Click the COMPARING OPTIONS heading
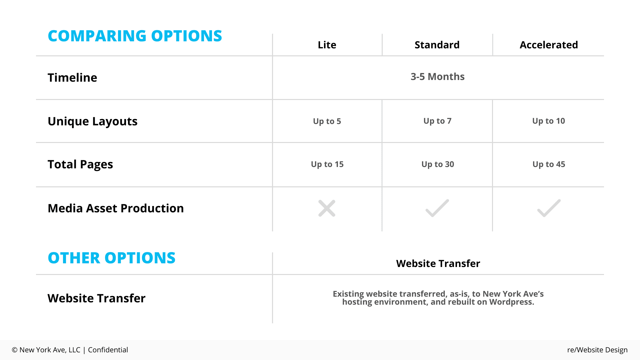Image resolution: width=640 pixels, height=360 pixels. [135, 36]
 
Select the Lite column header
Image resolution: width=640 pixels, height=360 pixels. [327, 45]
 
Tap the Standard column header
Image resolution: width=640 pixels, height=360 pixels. [437, 45]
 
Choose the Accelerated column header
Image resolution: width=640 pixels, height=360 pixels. [549, 45]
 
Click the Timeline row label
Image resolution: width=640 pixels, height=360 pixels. [72, 77]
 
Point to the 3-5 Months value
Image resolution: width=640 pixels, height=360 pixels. [437, 77]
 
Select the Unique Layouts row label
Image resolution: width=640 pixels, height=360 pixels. [93, 121]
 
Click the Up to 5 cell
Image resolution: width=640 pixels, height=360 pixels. [327, 121]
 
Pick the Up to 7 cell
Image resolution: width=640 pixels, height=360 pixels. [437, 121]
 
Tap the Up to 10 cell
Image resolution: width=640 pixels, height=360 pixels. [549, 121]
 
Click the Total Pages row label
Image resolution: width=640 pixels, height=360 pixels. [80, 164]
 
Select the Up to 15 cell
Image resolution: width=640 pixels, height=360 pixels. [327, 164]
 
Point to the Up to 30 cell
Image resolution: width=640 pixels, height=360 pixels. [438, 164]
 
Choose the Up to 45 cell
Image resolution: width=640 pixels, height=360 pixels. [549, 164]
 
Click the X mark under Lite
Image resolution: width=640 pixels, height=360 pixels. [327, 208]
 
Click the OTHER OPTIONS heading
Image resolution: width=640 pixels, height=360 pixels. [112, 258]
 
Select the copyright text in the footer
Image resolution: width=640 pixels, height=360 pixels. [70, 350]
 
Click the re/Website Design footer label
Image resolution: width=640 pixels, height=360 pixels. [597, 350]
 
